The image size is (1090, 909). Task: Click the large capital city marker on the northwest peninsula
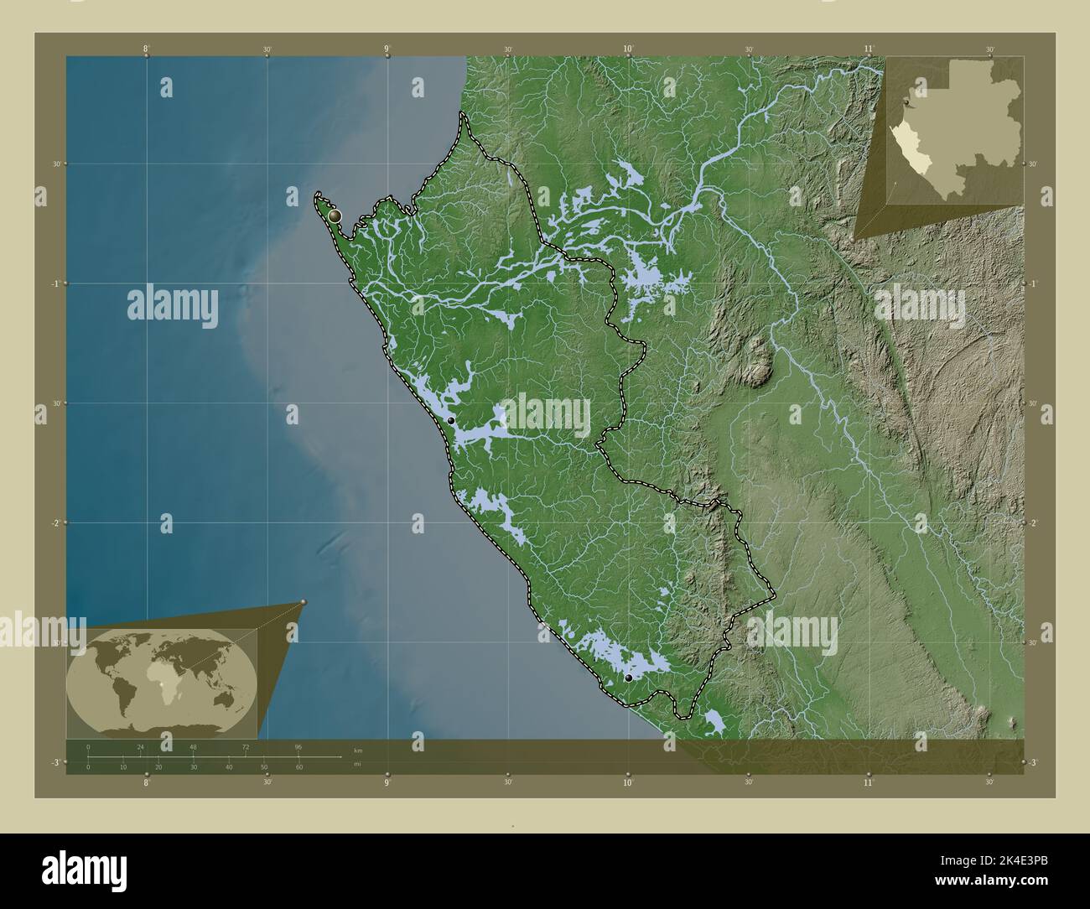point(335,216)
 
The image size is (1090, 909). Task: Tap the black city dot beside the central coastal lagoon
point(450,420)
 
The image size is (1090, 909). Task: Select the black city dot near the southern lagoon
point(628,678)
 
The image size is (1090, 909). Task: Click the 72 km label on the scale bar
point(246,745)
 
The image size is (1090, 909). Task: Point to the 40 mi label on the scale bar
point(228,767)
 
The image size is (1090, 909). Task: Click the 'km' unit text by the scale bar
point(358,749)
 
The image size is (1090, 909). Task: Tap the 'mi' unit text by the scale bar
point(358,764)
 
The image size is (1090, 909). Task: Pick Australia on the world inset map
point(219,699)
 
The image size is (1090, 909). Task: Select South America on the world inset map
point(115,693)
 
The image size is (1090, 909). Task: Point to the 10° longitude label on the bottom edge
point(628,782)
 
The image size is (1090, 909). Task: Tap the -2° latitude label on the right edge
point(1032,522)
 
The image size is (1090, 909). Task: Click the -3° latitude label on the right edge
point(1032,762)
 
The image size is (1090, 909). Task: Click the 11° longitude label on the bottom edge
point(869,782)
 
